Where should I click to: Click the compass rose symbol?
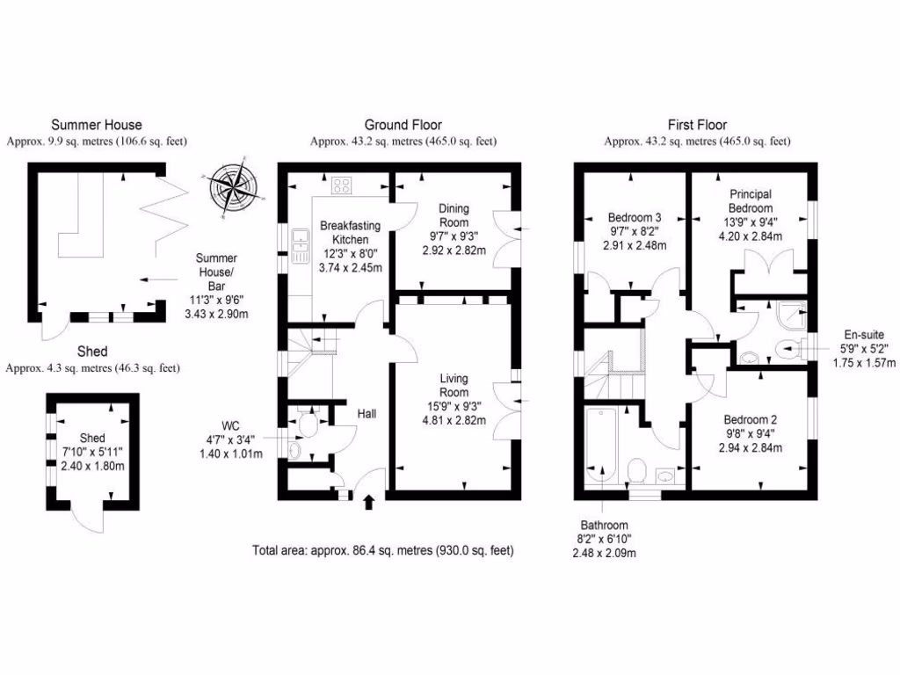point(231,185)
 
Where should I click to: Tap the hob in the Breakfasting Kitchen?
point(342,186)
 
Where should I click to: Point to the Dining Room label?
point(454,215)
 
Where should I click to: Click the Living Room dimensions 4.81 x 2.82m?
point(454,420)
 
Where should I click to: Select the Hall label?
point(367,412)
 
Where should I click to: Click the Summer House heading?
point(96,125)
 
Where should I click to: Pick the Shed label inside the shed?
point(92,438)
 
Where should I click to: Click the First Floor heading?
point(696,125)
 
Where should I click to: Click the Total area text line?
point(382,550)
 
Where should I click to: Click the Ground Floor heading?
point(403,125)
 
